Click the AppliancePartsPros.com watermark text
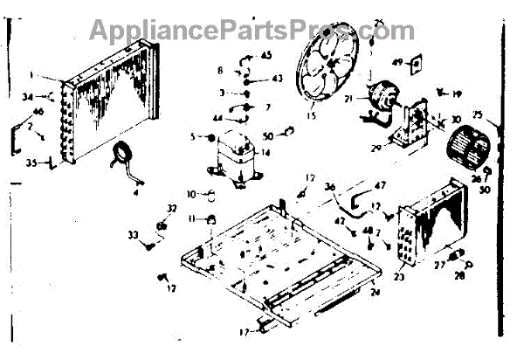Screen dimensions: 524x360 (x=253, y=31)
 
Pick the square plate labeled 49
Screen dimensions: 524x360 (x=418, y=63)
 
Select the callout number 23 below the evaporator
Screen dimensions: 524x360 (x=400, y=278)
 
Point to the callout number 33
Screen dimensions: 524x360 (x=134, y=234)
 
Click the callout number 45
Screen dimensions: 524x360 (x=266, y=55)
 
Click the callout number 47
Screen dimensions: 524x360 (x=380, y=186)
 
